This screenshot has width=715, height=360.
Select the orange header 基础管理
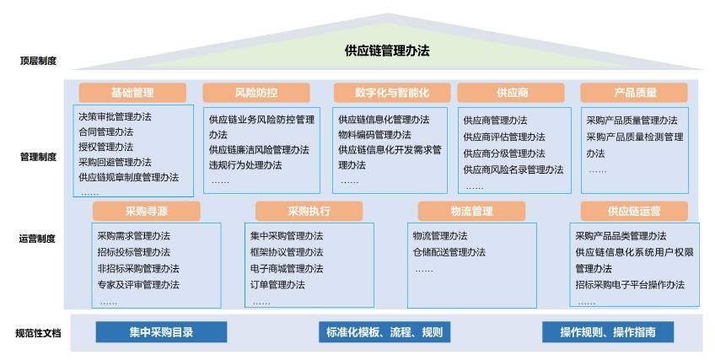click(132, 93)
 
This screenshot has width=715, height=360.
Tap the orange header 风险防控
click(256, 93)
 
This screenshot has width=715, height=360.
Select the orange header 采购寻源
click(147, 211)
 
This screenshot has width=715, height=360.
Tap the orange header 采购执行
click(309, 211)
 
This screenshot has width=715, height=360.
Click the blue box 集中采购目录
click(161, 332)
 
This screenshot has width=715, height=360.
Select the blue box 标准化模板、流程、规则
click(384, 332)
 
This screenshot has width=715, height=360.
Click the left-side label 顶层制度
click(40, 61)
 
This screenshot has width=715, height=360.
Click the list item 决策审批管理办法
click(121, 116)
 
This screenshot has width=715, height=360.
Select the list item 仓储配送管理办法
click(449, 251)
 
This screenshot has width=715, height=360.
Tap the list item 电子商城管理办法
click(286, 268)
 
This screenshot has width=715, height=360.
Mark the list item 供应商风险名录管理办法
click(513, 169)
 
